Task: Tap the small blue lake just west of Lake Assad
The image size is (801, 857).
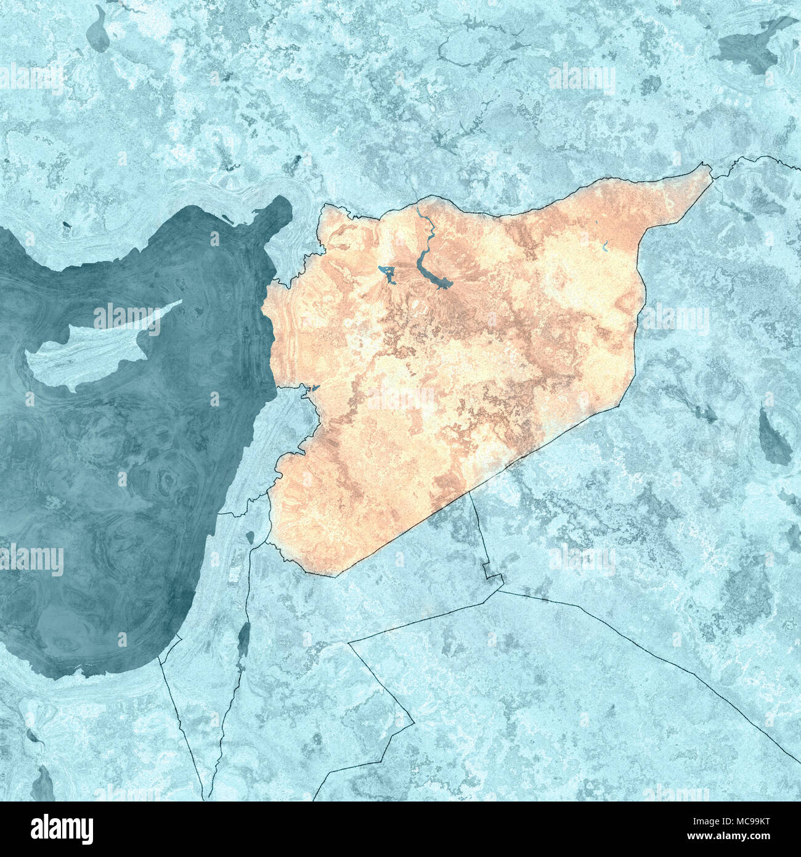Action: point(388,272)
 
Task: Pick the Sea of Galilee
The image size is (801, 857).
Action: point(250,537)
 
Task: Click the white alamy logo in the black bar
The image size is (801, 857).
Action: point(62,829)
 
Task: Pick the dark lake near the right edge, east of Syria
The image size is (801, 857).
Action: point(773,438)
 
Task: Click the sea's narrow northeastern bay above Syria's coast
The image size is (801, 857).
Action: point(280,210)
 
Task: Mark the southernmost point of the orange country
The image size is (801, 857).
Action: point(336,576)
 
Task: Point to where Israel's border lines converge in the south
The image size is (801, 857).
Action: point(209,795)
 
